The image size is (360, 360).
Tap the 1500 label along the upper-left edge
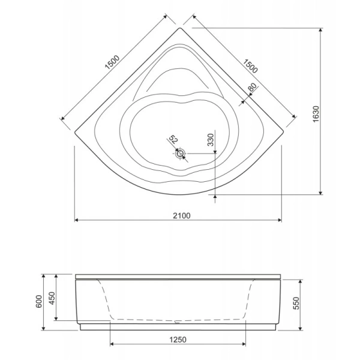click(112, 62)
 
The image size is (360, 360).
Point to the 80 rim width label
click(252, 88)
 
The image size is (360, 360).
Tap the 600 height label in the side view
click(38, 302)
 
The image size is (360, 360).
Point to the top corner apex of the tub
click(181, 27)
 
